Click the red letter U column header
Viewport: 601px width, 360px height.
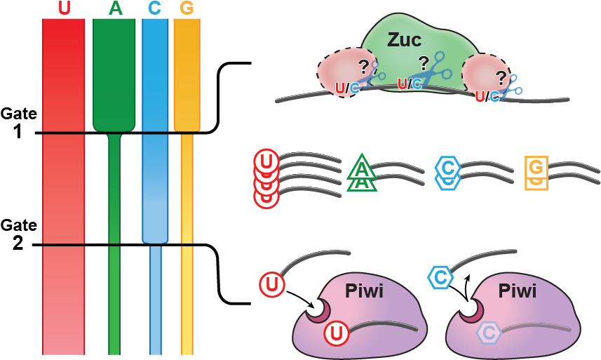click(65, 8)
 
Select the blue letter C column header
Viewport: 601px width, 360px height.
click(155, 8)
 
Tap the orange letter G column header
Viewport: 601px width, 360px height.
click(187, 8)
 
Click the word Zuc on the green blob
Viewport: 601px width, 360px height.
click(405, 40)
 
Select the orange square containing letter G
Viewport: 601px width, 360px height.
click(536, 168)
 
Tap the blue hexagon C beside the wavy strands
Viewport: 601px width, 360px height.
click(447, 168)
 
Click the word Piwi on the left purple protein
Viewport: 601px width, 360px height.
click(364, 291)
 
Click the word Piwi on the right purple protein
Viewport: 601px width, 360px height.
click(517, 291)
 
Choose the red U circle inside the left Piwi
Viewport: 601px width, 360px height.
click(336, 334)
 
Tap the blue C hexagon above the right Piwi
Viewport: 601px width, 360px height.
click(440, 278)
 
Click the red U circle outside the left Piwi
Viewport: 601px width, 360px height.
click(272, 285)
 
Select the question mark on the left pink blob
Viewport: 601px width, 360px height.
click(363, 67)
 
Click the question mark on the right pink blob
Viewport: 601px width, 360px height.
click(501, 76)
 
